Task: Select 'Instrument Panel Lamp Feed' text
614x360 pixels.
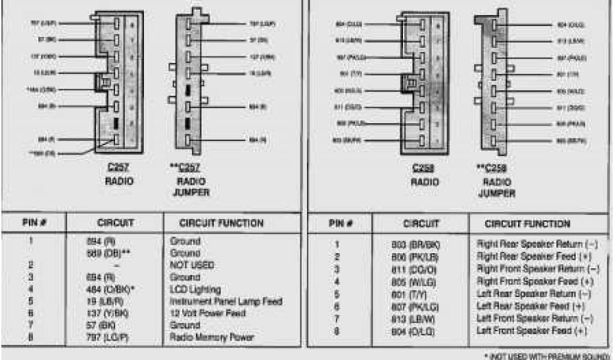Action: (x=226, y=301)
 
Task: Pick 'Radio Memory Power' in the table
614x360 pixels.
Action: (x=212, y=337)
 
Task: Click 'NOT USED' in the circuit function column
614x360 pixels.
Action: (x=192, y=265)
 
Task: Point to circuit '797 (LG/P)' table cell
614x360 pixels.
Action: (x=109, y=337)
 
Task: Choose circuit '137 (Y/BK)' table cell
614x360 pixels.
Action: (x=107, y=313)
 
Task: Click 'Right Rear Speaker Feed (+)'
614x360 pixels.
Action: (x=534, y=257)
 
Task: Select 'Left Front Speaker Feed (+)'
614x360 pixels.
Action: (x=532, y=331)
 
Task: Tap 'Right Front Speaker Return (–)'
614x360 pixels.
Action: (x=538, y=269)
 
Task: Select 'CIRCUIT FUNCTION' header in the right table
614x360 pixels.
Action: (x=528, y=224)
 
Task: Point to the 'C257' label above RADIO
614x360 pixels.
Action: (x=119, y=169)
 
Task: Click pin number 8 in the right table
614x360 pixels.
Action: (x=337, y=331)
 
